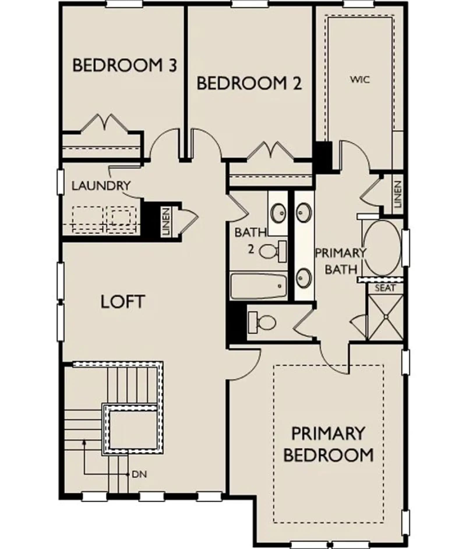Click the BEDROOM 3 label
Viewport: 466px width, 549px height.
point(125,65)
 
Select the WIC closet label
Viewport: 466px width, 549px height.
point(360,79)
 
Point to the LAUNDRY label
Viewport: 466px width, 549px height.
point(101,185)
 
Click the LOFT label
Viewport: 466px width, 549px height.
point(122,301)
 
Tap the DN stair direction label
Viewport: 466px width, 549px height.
point(139,474)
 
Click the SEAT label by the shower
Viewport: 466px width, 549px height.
point(385,288)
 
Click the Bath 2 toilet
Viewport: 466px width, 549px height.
point(273,251)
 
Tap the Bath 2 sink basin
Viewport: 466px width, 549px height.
point(278,213)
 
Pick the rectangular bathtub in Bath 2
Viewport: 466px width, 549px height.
point(258,286)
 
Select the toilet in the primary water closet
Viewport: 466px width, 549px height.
point(262,322)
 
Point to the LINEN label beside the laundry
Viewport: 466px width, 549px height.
point(166,222)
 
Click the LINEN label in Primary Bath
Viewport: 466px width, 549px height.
point(397,194)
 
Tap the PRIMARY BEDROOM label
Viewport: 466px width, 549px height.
point(328,444)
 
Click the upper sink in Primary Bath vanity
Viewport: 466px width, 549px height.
point(304,212)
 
